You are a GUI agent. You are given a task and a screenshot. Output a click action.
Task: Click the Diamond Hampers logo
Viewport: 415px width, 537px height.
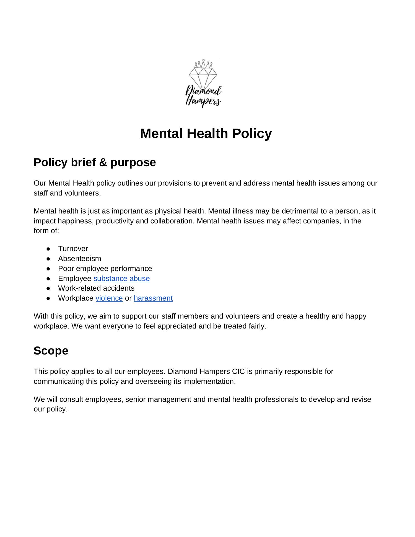pos(203,83)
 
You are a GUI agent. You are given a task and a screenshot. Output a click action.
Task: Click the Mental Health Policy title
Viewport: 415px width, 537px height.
pos(206,134)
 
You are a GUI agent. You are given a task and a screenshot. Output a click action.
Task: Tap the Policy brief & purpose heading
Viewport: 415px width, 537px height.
pos(95,162)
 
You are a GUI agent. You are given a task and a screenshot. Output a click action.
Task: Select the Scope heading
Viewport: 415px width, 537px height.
pos(51,351)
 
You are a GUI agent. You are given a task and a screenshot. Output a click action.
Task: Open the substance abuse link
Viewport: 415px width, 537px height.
pos(121,278)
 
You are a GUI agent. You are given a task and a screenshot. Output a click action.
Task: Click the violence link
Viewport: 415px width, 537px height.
pos(109,298)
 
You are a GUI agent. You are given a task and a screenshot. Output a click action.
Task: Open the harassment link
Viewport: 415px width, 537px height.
pos(153,298)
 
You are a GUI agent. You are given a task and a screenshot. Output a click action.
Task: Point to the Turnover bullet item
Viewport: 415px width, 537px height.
pos(73,249)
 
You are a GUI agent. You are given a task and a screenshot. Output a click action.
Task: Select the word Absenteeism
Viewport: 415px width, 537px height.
pos(80,259)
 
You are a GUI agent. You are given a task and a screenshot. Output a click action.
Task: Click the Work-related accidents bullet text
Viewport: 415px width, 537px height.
pos(96,288)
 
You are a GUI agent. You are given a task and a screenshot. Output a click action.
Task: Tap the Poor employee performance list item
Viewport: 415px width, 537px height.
pos(105,268)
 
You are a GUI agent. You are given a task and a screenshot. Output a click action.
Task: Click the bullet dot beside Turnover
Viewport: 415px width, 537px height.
pos(48,249)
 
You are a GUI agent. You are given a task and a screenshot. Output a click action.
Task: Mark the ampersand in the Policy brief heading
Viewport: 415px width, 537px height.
pos(103,162)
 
